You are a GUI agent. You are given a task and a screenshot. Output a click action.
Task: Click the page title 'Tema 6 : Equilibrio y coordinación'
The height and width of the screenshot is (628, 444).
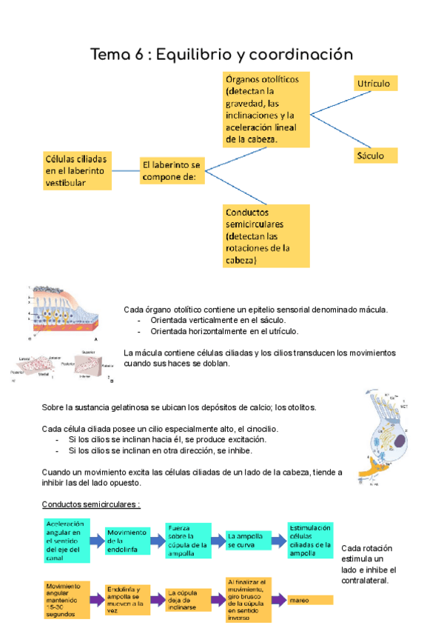pos(221,55)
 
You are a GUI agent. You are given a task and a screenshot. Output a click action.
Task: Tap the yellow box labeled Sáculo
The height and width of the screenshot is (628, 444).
pos(375,156)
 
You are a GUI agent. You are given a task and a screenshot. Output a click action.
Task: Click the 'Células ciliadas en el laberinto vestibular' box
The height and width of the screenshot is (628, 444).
pos(77,170)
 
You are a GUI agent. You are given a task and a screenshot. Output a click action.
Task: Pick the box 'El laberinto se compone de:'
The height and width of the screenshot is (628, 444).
pos(172,171)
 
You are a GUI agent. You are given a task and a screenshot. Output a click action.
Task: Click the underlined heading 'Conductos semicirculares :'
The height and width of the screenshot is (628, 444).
pos(91,504)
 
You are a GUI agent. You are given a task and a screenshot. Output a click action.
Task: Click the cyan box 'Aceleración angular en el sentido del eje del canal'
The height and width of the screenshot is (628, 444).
pos(66,541)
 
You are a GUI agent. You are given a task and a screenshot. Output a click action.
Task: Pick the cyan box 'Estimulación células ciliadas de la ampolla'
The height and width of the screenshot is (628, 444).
pos(310,539)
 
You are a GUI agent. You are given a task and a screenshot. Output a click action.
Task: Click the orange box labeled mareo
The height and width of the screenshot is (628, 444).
pos(311,599)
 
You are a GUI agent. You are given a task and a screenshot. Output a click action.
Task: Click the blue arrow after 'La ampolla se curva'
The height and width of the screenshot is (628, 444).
pos(277,540)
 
